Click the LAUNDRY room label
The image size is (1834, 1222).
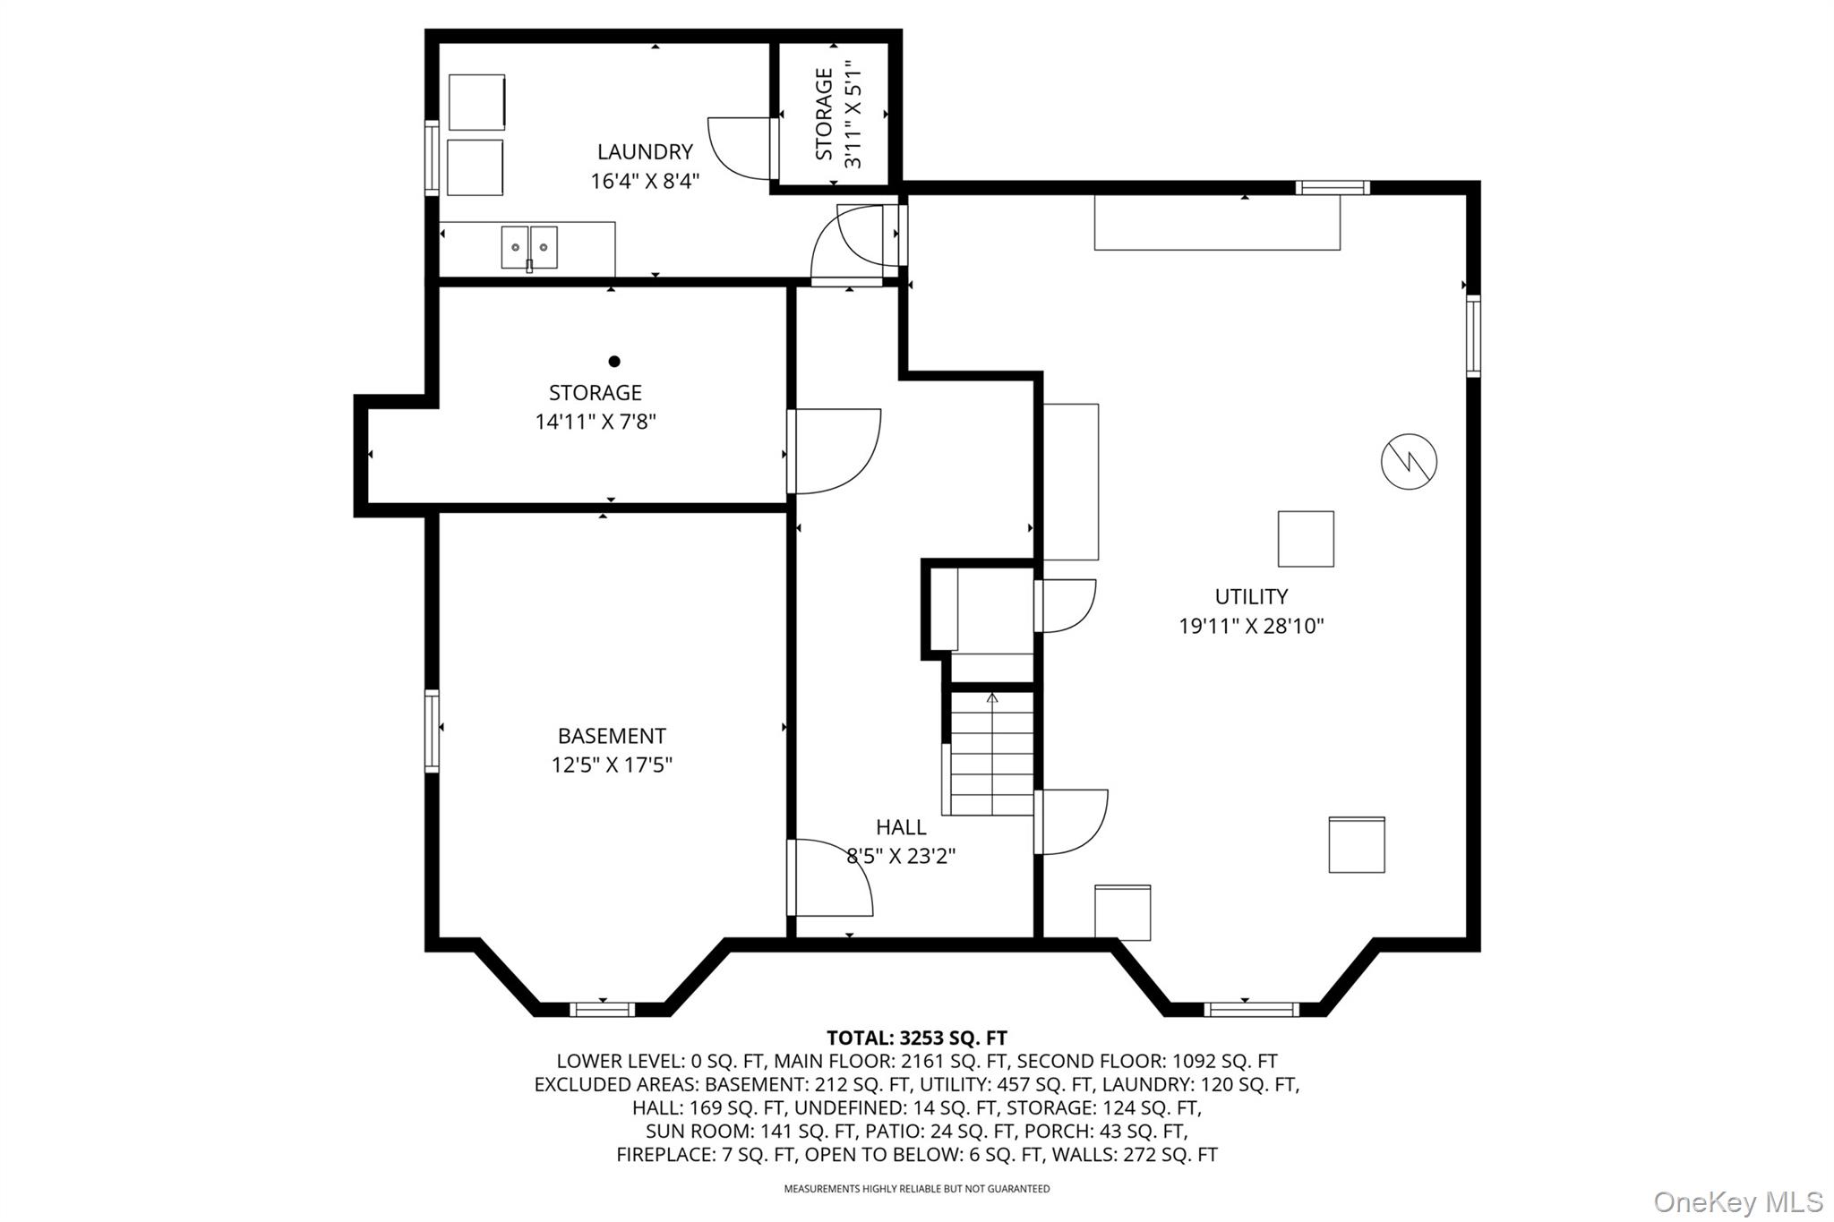(x=645, y=152)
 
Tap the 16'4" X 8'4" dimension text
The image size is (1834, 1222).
(x=645, y=182)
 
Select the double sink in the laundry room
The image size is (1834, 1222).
(x=529, y=247)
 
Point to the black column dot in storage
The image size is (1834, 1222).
(x=614, y=362)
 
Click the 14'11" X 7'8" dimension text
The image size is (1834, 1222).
(x=596, y=422)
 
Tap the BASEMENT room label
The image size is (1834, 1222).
(x=612, y=736)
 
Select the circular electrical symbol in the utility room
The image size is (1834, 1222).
(x=1409, y=462)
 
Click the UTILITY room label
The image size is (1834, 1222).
(x=1251, y=596)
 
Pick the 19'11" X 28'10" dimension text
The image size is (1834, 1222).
(x=1251, y=626)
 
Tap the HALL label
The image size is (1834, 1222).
(x=901, y=827)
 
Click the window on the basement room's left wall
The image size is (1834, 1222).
(x=432, y=731)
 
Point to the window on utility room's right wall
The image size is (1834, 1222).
(x=1472, y=336)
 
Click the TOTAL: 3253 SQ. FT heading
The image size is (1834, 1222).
(x=916, y=1038)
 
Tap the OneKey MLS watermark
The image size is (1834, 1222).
(x=1737, y=1201)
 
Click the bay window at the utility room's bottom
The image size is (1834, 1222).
(x=1250, y=1010)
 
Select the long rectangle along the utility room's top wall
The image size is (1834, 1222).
(x=1217, y=222)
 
